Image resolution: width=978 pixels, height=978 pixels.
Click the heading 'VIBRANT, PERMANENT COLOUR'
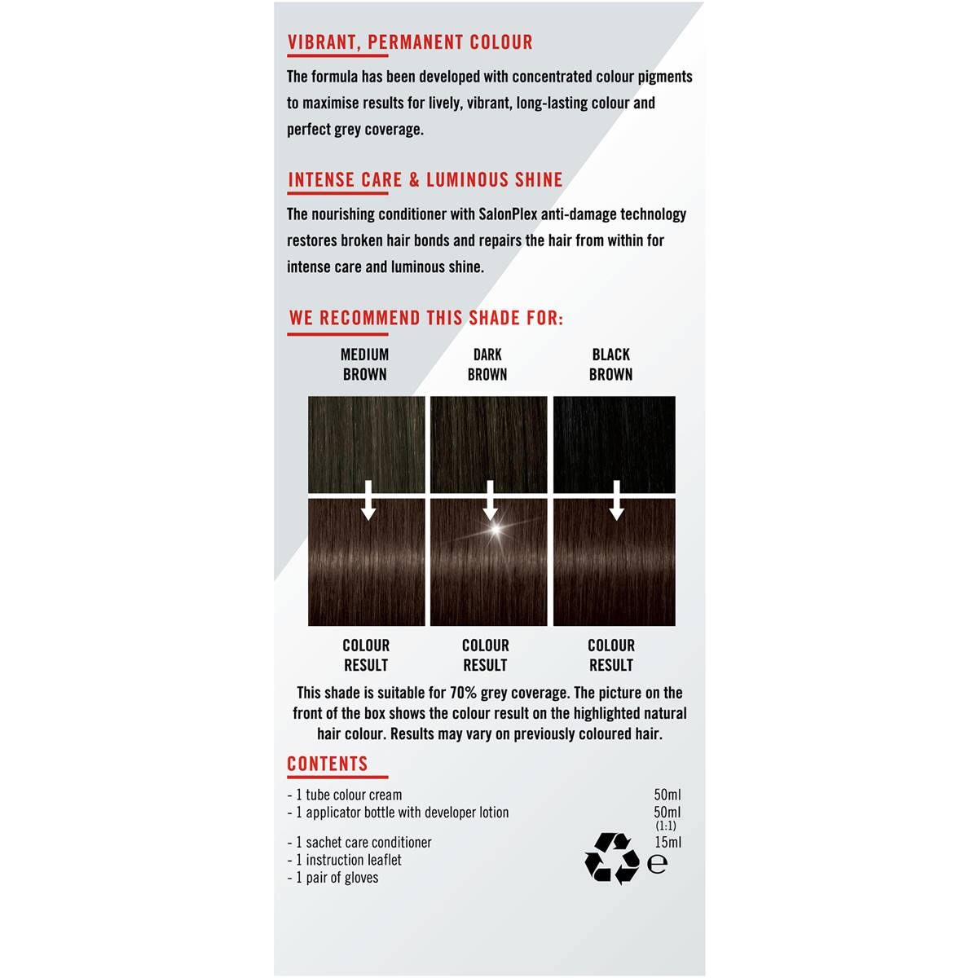pos(410,42)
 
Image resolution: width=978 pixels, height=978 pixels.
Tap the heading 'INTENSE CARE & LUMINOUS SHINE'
pos(425,180)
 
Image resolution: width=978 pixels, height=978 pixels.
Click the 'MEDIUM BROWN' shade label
pos(364,364)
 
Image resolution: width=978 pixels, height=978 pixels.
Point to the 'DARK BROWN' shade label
pos(487,364)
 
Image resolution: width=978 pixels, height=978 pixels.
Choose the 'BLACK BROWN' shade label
pos(610,364)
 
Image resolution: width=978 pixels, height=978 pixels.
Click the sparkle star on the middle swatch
pos(494,531)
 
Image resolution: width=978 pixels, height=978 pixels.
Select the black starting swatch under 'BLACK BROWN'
pos(614,444)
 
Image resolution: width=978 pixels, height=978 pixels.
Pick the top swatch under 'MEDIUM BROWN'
pos(366,444)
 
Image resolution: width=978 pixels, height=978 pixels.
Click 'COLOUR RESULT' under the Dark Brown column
pos(486,655)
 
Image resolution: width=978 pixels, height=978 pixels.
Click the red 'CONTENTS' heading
pos(328,764)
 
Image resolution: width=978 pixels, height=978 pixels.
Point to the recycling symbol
pos(611,857)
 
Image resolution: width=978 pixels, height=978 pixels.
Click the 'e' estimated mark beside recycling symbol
pos(657,864)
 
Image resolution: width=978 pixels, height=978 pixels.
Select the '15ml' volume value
pos(667,843)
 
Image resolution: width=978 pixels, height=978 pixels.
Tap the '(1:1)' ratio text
pos(666,826)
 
